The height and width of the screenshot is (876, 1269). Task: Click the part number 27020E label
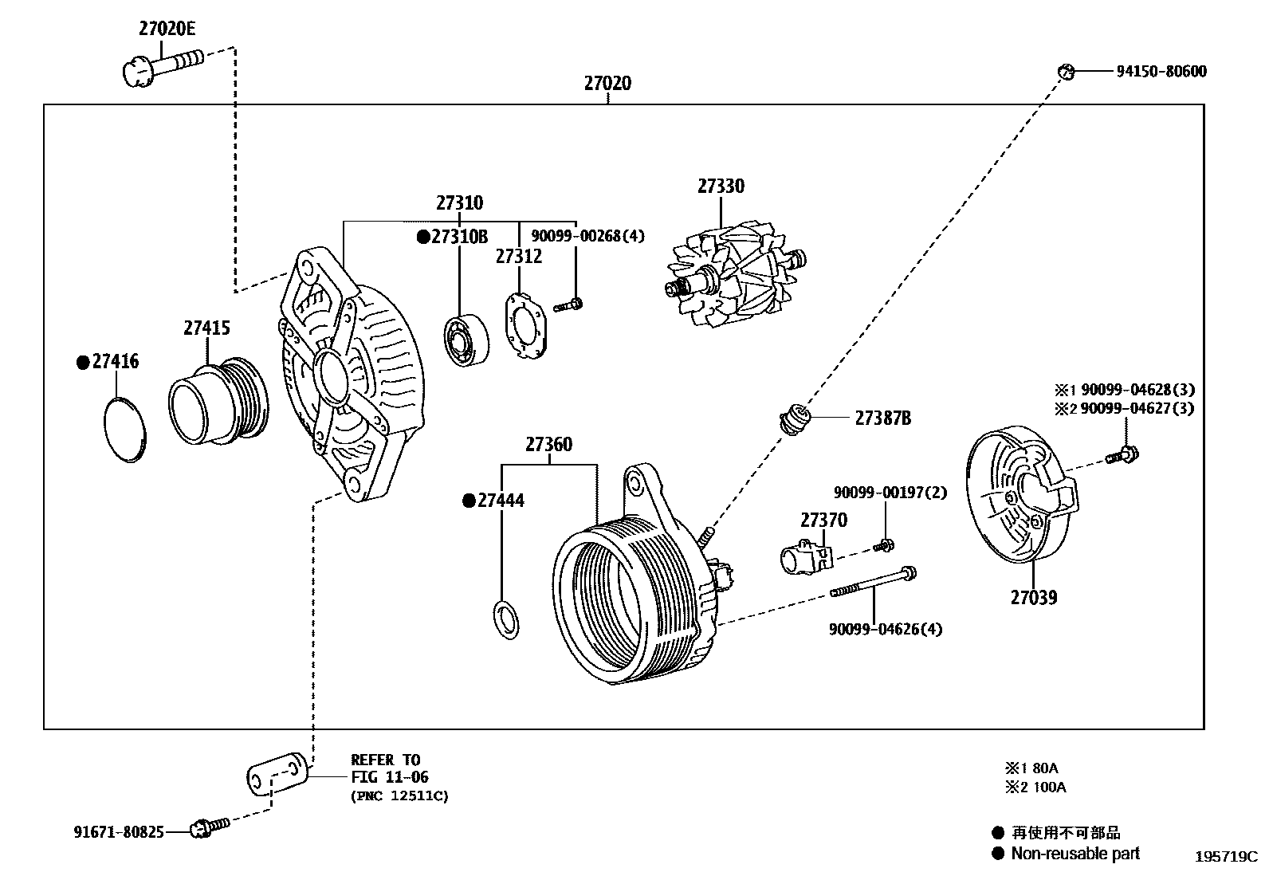pos(167,29)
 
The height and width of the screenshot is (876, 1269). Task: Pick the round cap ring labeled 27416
pos(126,429)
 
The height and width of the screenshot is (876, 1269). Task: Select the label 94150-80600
pos(1161,72)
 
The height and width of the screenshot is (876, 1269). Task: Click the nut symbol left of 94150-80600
pos(1066,72)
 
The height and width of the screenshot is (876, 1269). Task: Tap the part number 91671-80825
pos(119,832)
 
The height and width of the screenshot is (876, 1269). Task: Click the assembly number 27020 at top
pos(607,83)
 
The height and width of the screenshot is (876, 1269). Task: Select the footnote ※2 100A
pos(1035,788)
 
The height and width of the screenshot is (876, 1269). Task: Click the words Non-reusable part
pos(1075,854)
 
